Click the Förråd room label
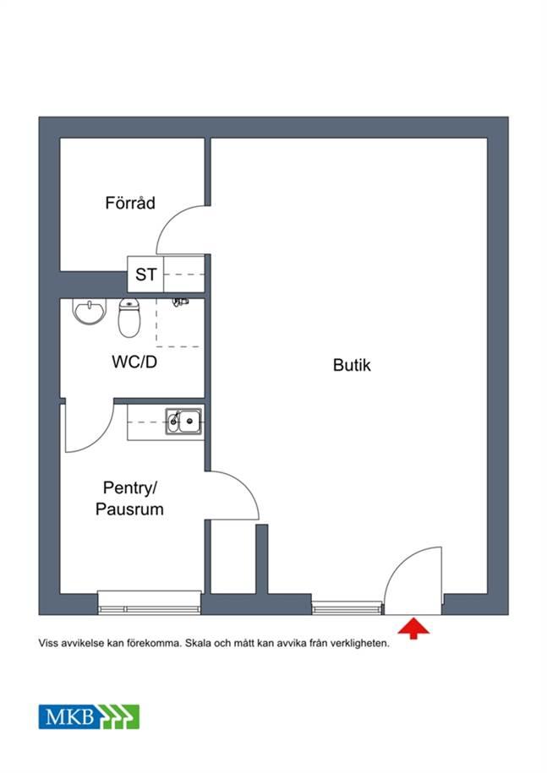[130, 203]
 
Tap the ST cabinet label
[146, 275]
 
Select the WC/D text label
[134, 362]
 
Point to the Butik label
[352, 365]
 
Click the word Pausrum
[129, 509]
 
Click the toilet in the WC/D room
[129, 318]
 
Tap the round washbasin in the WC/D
[90, 312]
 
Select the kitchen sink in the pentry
[183, 421]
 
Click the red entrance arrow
[413, 629]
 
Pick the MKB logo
[90, 716]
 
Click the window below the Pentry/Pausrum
[150, 602]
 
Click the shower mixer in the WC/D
[180, 302]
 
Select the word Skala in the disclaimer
[200, 644]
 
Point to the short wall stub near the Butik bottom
[262, 559]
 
